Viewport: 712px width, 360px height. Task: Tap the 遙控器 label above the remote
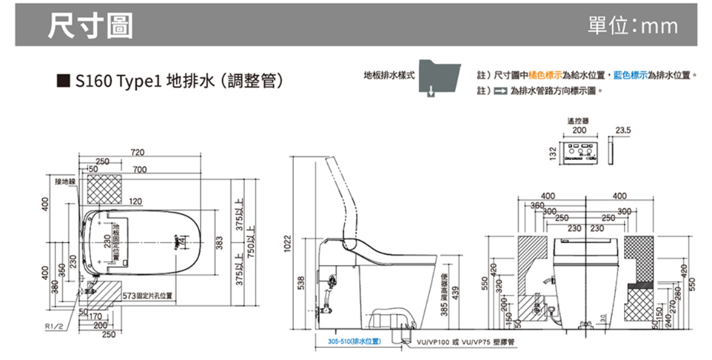(579, 121)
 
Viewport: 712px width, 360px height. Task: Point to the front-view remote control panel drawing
(579, 153)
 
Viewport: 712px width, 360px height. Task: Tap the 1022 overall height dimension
(288, 244)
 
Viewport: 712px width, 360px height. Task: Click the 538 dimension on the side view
(307, 283)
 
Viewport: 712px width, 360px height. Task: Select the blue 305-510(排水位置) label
(354, 341)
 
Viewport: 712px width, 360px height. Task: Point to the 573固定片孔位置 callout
(147, 296)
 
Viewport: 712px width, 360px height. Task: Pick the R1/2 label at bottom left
(54, 326)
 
